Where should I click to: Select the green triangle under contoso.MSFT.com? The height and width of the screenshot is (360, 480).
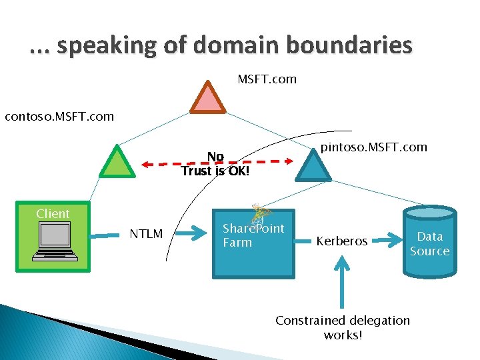click(x=117, y=163)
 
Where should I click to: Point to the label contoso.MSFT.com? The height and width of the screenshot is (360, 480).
click(x=59, y=117)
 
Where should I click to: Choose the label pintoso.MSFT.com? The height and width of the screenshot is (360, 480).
click(x=374, y=147)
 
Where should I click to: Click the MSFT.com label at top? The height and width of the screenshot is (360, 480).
click(x=267, y=79)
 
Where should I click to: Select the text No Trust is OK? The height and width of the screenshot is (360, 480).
click(x=215, y=164)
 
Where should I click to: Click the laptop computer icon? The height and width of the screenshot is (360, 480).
click(x=53, y=243)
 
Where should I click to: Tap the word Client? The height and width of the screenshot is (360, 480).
click(x=53, y=214)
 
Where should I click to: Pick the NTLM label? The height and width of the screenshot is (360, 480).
click(x=146, y=234)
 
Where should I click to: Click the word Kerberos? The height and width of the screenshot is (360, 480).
click(x=342, y=241)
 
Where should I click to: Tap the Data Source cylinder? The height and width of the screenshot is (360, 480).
click(x=430, y=242)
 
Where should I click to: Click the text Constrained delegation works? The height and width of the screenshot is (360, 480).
click(x=343, y=327)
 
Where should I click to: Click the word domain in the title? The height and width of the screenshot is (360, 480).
click(x=223, y=45)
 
